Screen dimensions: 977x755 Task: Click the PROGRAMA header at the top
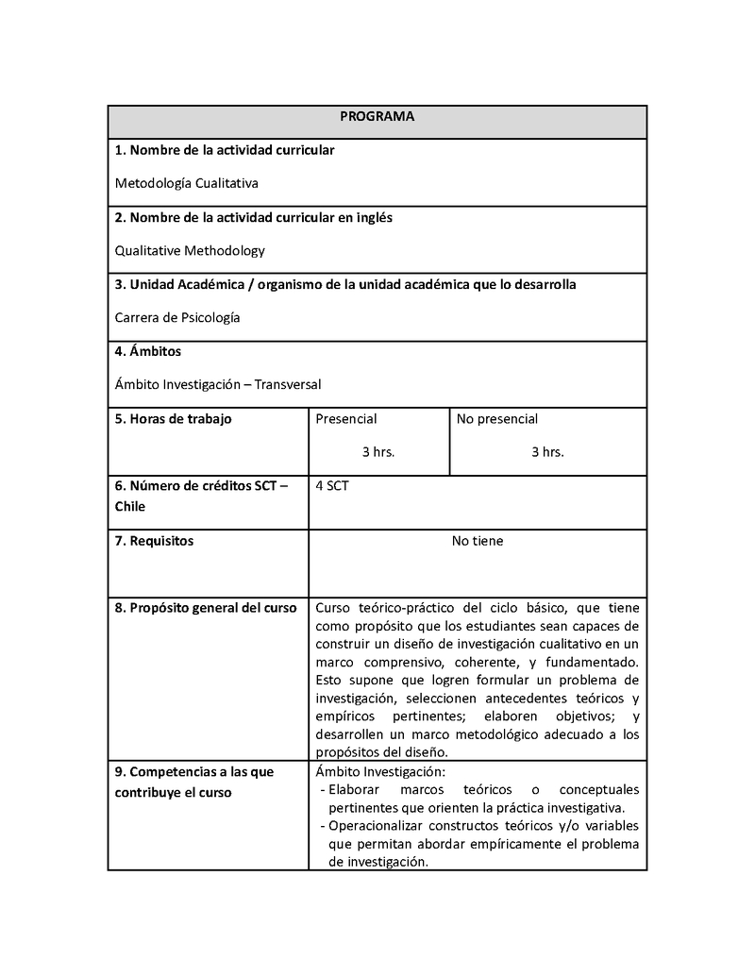tap(377, 116)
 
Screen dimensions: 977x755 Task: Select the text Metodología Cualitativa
tap(186, 183)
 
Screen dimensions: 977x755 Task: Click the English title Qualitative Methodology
tap(190, 250)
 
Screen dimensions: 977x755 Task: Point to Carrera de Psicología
tap(177, 317)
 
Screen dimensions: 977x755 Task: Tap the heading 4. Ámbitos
tap(147, 351)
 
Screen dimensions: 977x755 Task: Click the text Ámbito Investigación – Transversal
tap(218, 384)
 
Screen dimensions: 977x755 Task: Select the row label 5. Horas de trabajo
tap(173, 419)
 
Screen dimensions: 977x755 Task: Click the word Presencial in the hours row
tap(346, 419)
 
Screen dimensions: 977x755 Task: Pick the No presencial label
tap(497, 419)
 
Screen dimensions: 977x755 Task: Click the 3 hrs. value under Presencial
tap(378, 452)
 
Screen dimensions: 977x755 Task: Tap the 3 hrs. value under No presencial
tap(547, 452)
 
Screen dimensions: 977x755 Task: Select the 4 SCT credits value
tap(332, 486)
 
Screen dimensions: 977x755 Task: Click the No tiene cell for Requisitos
tap(478, 541)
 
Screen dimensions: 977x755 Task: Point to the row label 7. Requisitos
tap(154, 541)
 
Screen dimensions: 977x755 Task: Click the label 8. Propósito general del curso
tap(206, 608)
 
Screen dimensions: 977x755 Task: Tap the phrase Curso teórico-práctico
tap(386, 608)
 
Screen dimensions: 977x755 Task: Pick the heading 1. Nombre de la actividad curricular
tap(225, 150)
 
